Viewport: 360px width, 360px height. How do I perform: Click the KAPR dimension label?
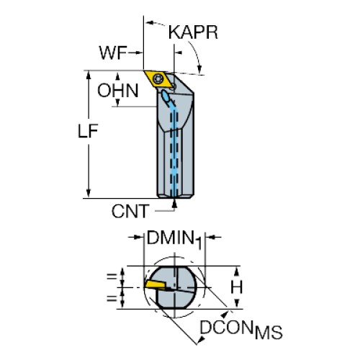coord(193,32)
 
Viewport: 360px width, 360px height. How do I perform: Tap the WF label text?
coord(113,53)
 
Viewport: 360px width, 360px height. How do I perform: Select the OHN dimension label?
coord(118,91)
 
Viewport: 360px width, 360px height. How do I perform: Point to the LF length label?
coord(88,131)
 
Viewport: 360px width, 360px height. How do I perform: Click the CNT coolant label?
coord(130,211)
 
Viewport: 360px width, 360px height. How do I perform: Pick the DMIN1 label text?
coord(174,239)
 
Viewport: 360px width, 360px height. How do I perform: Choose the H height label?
coord(237,287)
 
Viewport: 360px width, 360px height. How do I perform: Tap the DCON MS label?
coord(241,330)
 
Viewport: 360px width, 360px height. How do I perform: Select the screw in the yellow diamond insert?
coord(158,78)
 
